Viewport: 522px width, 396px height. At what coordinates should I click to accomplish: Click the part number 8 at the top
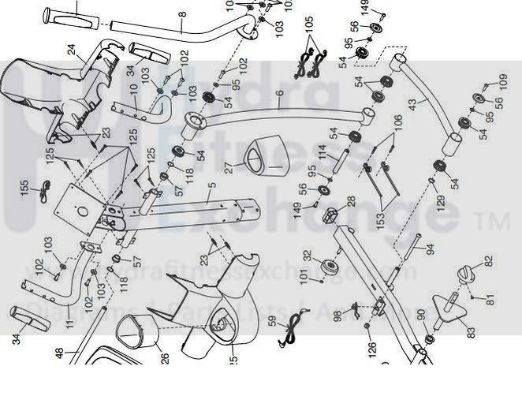coord(182,14)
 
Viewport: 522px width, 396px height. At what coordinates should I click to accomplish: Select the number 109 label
coord(503,80)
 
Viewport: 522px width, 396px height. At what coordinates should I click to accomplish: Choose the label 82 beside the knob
coord(487,261)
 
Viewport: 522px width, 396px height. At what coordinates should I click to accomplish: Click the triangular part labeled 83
coord(451,308)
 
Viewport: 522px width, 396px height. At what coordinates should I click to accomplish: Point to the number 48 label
coord(58,354)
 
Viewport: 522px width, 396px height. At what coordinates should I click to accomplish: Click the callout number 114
coord(322,151)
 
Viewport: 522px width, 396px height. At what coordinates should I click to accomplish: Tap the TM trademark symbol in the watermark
coord(496,223)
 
